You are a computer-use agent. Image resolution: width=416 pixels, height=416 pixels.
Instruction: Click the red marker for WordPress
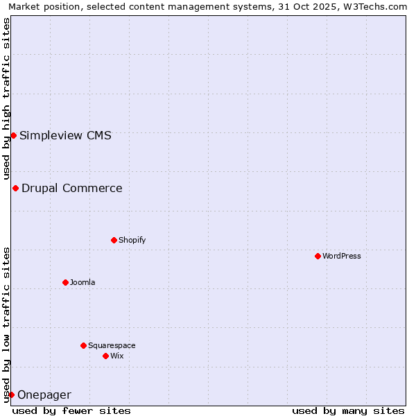click(x=318, y=256)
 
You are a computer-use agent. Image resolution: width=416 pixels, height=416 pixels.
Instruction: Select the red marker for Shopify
click(x=114, y=240)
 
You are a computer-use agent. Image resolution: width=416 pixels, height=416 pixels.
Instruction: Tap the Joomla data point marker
click(x=65, y=282)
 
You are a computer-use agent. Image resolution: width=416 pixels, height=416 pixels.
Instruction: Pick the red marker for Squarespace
click(x=83, y=345)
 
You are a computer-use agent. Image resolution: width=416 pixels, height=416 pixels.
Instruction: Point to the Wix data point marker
click(x=105, y=356)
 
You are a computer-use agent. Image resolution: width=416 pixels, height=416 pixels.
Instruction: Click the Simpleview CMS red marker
click(x=13, y=135)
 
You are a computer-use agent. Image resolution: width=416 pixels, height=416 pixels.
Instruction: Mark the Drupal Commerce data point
click(x=15, y=188)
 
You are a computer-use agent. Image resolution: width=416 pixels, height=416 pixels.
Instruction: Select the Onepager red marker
click(x=11, y=395)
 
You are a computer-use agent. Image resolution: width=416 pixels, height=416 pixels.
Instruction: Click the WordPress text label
click(x=342, y=256)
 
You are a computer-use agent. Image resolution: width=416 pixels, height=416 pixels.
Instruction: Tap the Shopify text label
click(x=132, y=240)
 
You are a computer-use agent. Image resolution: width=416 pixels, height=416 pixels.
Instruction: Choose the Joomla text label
click(x=83, y=282)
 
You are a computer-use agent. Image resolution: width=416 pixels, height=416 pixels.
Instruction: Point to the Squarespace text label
click(x=112, y=345)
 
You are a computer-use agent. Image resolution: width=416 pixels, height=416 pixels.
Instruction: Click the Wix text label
click(x=116, y=356)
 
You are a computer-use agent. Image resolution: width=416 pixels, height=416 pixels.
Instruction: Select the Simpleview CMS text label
click(x=65, y=135)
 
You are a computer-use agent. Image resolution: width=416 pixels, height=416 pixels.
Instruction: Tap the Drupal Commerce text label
click(x=72, y=188)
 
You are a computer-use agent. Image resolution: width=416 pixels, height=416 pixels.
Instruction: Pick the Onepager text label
click(x=44, y=395)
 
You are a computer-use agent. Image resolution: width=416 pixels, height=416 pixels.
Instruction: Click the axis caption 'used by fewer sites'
click(x=71, y=410)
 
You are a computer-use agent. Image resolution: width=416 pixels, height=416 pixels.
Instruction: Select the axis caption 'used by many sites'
click(x=348, y=410)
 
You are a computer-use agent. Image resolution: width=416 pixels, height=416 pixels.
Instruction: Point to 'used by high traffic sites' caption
click(x=7, y=98)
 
